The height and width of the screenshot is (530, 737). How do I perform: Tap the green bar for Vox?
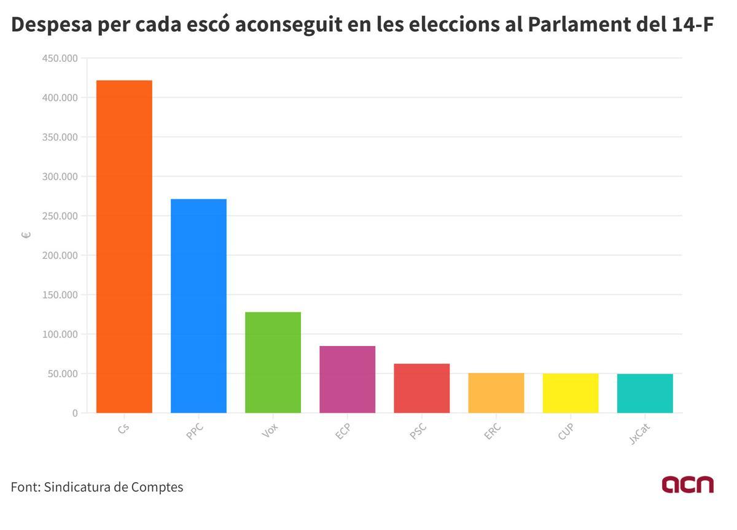[x=273, y=362]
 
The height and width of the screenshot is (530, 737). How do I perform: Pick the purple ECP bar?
[x=347, y=379]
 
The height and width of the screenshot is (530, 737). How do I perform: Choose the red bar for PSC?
[x=421, y=388]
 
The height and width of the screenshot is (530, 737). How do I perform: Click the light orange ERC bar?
[x=496, y=393]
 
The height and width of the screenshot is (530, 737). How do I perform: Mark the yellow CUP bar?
[x=571, y=393]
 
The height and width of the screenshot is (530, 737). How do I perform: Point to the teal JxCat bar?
[x=645, y=393]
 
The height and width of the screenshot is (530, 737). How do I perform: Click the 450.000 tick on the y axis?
[x=60, y=58]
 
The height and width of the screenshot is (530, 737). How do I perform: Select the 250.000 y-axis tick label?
[x=60, y=216]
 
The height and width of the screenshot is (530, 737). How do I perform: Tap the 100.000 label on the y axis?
[x=60, y=334]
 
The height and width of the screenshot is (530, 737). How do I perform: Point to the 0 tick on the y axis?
[x=75, y=413]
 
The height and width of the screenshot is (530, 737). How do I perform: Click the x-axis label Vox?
[x=270, y=431]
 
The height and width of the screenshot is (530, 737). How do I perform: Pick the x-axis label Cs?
[x=123, y=429]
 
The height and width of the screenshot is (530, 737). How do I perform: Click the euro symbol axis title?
[x=26, y=236]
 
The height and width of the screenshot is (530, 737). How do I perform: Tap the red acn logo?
[x=687, y=484]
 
